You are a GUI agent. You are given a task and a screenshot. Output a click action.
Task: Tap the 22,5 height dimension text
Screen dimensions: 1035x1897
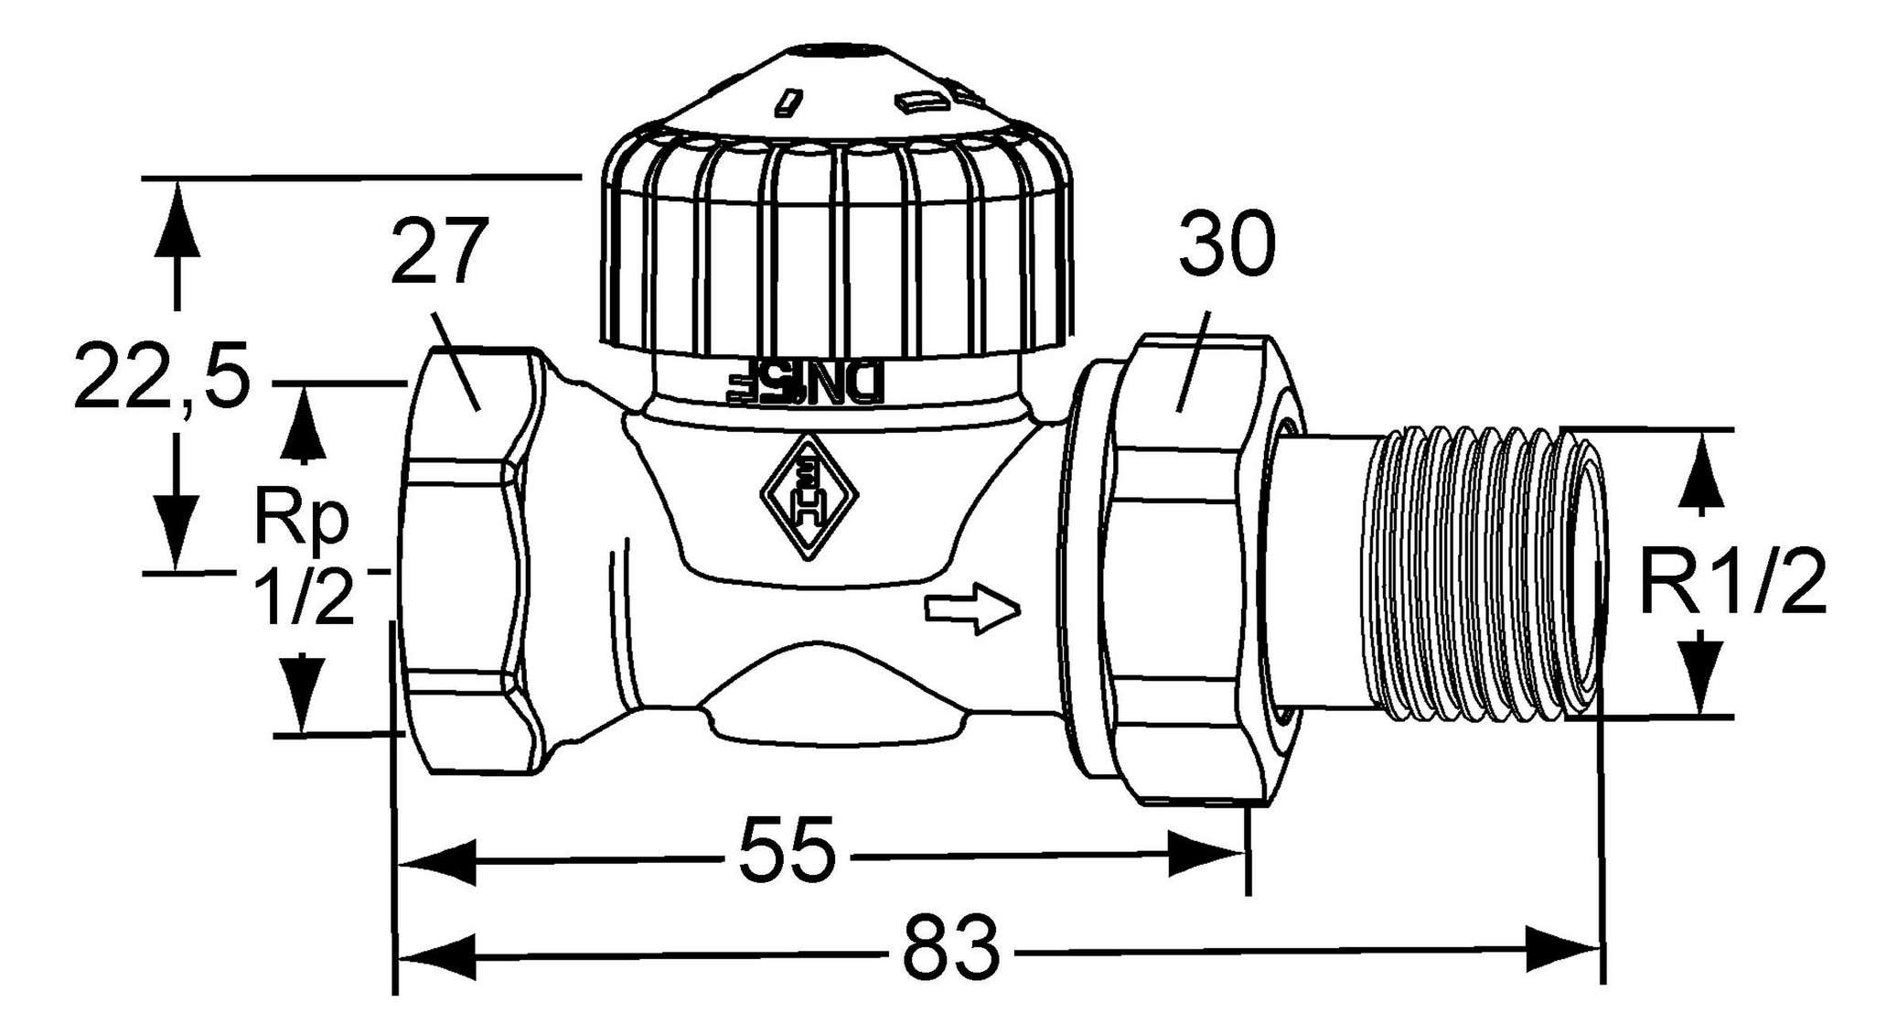tap(161, 376)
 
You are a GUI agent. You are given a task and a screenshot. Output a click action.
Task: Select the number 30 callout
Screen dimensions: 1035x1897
tap(1226, 244)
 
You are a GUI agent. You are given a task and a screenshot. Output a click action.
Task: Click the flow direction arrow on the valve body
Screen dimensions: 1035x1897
tap(971, 608)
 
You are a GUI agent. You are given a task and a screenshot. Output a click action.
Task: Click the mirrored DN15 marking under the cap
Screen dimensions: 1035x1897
tap(805, 384)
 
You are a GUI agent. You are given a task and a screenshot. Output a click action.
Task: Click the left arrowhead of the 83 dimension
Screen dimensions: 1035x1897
tap(437, 957)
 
